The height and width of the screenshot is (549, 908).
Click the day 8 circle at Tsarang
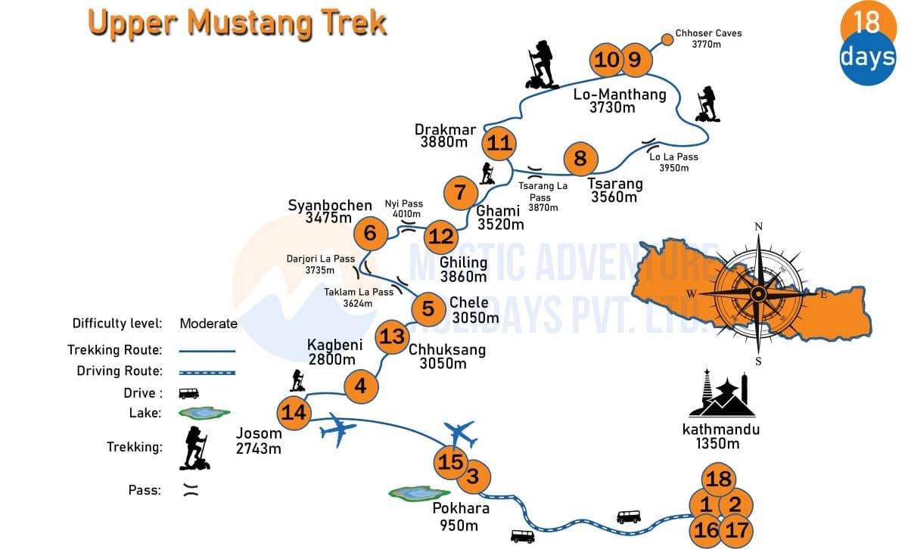coord(580,159)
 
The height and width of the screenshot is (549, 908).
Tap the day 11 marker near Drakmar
coord(499,143)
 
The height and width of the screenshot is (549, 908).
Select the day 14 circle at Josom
coord(294,412)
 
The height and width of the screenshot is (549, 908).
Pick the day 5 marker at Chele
coord(428,309)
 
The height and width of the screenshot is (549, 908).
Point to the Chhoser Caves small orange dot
coord(667,39)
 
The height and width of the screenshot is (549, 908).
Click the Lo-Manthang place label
coord(620,95)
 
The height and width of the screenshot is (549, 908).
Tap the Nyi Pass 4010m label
coord(404,209)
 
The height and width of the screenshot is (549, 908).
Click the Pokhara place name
coord(461,508)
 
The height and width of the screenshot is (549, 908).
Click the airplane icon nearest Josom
coord(338,432)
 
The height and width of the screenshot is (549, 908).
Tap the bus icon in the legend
coord(188,393)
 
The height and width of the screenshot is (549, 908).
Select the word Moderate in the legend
coord(208,324)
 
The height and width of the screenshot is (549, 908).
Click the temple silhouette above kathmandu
coord(722,394)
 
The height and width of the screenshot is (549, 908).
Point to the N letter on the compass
coord(759,227)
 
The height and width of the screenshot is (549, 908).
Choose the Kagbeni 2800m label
coord(334,352)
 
